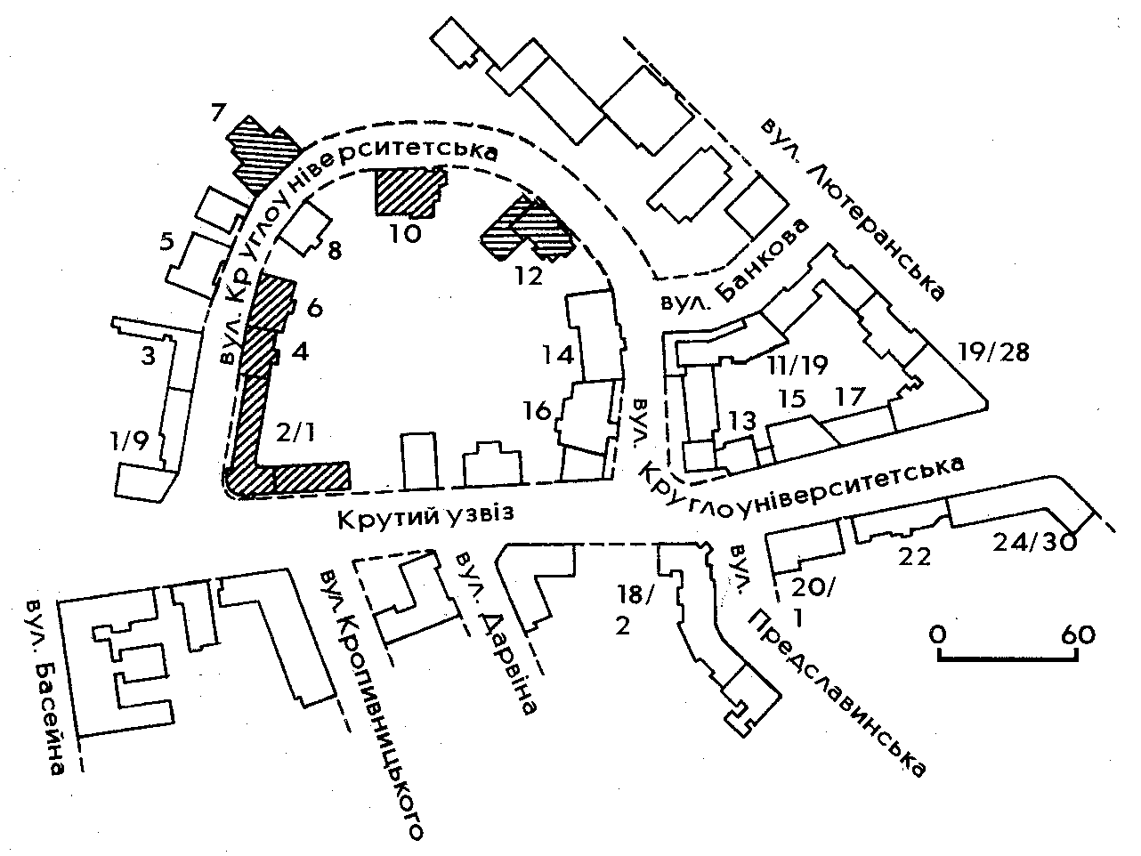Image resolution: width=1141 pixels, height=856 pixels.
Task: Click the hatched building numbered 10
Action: (x=408, y=192)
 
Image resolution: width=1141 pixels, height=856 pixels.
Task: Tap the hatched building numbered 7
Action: (x=262, y=151)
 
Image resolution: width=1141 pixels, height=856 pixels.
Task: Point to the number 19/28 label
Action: (x=994, y=352)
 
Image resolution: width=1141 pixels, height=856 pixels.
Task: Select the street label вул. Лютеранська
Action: (x=852, y=208)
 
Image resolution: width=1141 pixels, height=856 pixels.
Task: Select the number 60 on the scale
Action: (x=1078, y=634)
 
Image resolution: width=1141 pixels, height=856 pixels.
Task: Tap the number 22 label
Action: (x=914, y=557)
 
